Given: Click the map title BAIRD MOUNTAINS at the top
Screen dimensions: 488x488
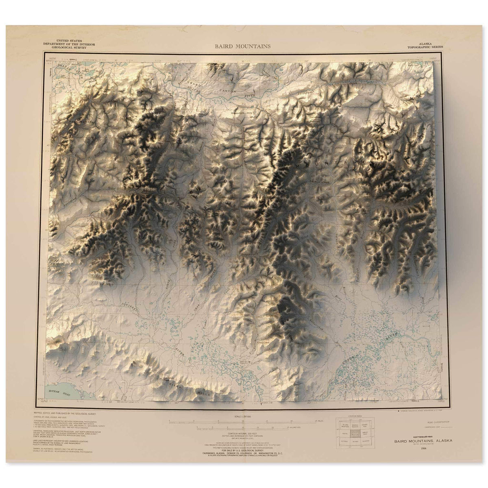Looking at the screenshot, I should (x=243, y=46).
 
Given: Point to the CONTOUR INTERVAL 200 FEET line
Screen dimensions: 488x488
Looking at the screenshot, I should (x=244, y=434).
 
